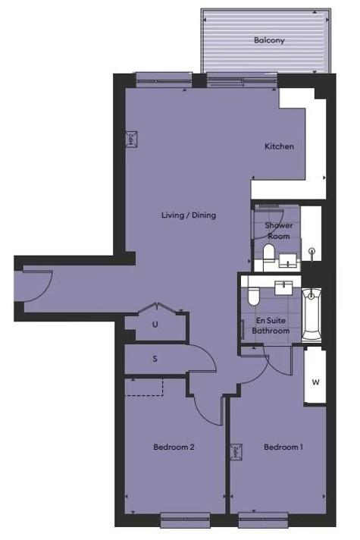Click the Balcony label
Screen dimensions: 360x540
pos(269,40)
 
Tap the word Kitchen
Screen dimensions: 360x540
pos(279,146)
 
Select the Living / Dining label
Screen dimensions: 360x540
pos(189,215)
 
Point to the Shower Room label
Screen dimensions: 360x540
pos(278,231)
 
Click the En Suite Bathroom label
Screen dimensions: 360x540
pos(271,325)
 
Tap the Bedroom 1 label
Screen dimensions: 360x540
pos(283,447)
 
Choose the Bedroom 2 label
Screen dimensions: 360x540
pos(174,447)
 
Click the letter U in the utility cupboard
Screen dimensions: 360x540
pos(155,325)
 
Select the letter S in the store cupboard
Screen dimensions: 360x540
pos(155,359)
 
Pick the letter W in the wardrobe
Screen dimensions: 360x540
pos(315,382)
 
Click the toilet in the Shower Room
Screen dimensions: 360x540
pos(268,253)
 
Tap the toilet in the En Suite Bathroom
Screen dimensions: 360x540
pos(253,297)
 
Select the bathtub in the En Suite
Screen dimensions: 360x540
pos(311,315)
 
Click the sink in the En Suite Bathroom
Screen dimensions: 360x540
pos(283,288)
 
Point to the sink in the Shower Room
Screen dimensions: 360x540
pos(287,260)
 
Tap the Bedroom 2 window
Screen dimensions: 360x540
pos(186,520)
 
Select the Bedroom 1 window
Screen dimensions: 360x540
pos(263,520)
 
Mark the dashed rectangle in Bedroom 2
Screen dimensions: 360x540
pos(143,387)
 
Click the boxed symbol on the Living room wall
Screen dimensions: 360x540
pos(131,140)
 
